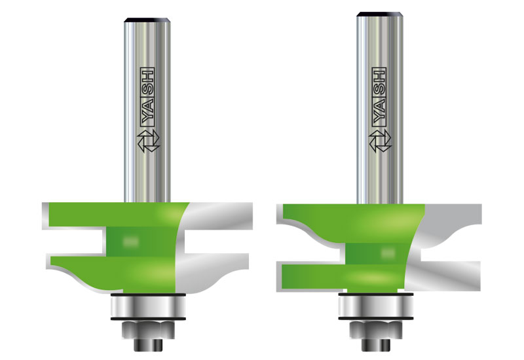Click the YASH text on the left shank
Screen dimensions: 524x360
click(x=147, y=97)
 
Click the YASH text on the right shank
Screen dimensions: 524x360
click(x=379, y=97)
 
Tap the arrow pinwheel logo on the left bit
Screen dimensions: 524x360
click(x=149, y=141)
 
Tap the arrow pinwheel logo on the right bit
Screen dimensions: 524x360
click(x=380, y=141)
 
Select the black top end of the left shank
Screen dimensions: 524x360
click(x=147, y=20)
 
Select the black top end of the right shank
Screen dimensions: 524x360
click(x=380, y=14)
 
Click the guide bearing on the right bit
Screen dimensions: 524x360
click(x=376, y=306)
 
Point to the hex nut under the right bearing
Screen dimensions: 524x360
click(x=376, y=330)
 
